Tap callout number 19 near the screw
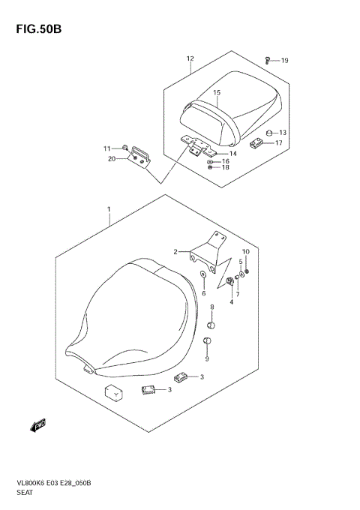[284, 61]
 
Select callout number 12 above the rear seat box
[190, 58]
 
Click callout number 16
[225, 160]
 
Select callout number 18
[225, 168]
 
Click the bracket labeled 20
[140, 156]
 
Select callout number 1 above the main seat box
[109, 208]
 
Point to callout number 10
[245, 251]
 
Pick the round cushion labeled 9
[208, 342]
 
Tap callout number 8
[212, 307]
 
